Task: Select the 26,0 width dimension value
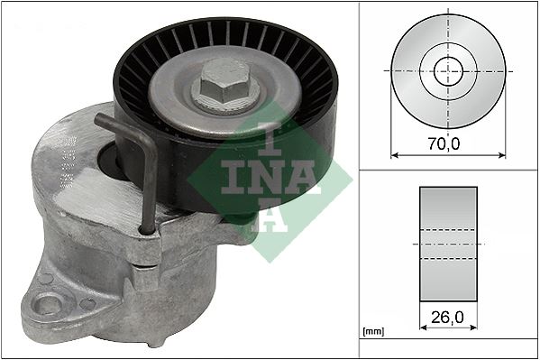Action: [x=448, y=318]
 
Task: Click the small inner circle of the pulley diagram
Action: [x=448, y=69]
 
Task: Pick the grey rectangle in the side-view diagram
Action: [x=448, y=244]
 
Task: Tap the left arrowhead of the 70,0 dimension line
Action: [x=395, y=153]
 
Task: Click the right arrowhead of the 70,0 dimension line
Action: [x=501, y=153]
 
